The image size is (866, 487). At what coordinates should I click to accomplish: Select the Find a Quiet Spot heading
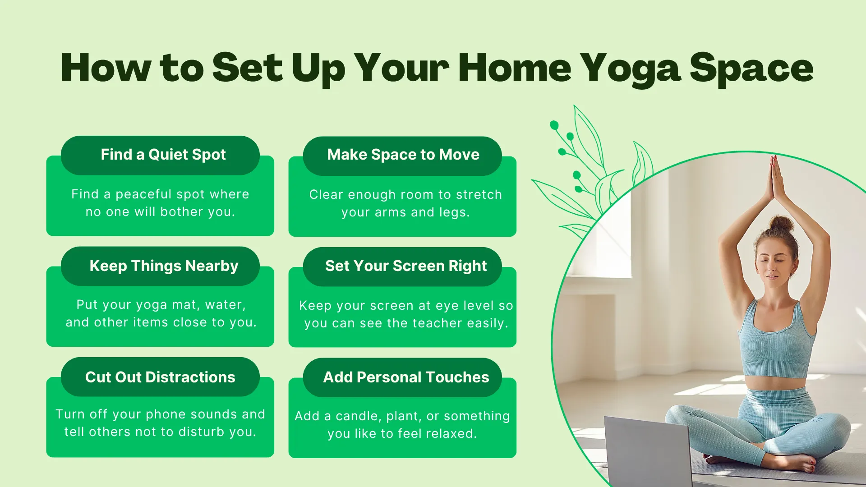tap(163, 155)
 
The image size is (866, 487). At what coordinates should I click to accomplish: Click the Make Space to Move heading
tap(403, 155)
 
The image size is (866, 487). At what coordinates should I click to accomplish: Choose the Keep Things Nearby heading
tap(164, 266)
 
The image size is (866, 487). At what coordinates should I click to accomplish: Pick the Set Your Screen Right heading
tap(405, 266)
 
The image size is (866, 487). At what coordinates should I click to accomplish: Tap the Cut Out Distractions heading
tap(160, 377)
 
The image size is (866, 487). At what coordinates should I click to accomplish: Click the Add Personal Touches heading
tap(405, 377)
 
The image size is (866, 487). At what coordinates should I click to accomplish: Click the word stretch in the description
tap(479, 195)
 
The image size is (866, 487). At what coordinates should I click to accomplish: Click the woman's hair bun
tap(781, 224)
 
